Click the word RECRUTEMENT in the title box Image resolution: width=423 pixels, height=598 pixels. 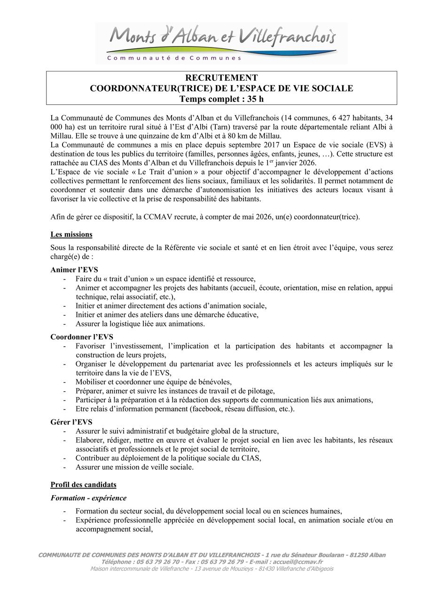coord(221,78)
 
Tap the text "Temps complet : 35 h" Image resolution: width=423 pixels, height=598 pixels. coord(221,99)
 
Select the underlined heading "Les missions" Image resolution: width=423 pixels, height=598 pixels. coord(71,234)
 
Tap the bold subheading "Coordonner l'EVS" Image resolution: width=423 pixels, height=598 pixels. coord(82,337)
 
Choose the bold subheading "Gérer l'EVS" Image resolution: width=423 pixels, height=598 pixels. coord(71,422)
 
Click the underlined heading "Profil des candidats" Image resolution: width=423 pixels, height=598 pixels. coord(84,485)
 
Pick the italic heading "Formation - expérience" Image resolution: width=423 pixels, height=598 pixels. coord(88,498)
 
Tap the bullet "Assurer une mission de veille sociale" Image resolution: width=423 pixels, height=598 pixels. coord(134,467)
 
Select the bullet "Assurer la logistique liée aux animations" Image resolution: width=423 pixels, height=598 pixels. coord(140,324)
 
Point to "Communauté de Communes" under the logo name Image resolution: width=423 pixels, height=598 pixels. coord(174,58)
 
